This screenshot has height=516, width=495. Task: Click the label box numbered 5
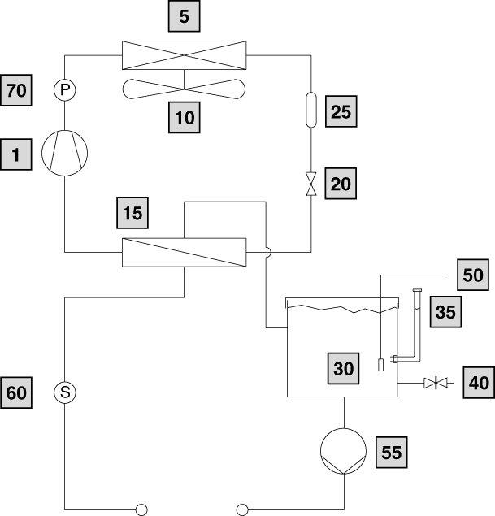tap(185, 15)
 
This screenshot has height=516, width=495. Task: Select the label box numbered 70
tap(16, 91)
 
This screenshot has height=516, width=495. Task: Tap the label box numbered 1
tap(16, 154)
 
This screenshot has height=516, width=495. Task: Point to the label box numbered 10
tap(185, 117)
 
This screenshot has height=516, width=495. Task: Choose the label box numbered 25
tap(341, 111)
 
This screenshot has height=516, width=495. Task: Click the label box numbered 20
tap(341, 184)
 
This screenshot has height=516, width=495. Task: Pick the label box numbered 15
tap(132, 214)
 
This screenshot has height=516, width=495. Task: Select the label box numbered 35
tap(445, 310)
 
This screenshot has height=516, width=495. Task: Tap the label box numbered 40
tap(478, 381)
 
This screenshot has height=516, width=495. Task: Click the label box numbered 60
tap(16, 393)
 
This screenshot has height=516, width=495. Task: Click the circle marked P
tap(64, 90)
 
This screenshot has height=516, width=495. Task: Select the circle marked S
tap(64, 393)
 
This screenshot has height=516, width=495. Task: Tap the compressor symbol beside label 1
tap(64, 152)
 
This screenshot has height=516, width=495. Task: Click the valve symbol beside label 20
tap(311, 184)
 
